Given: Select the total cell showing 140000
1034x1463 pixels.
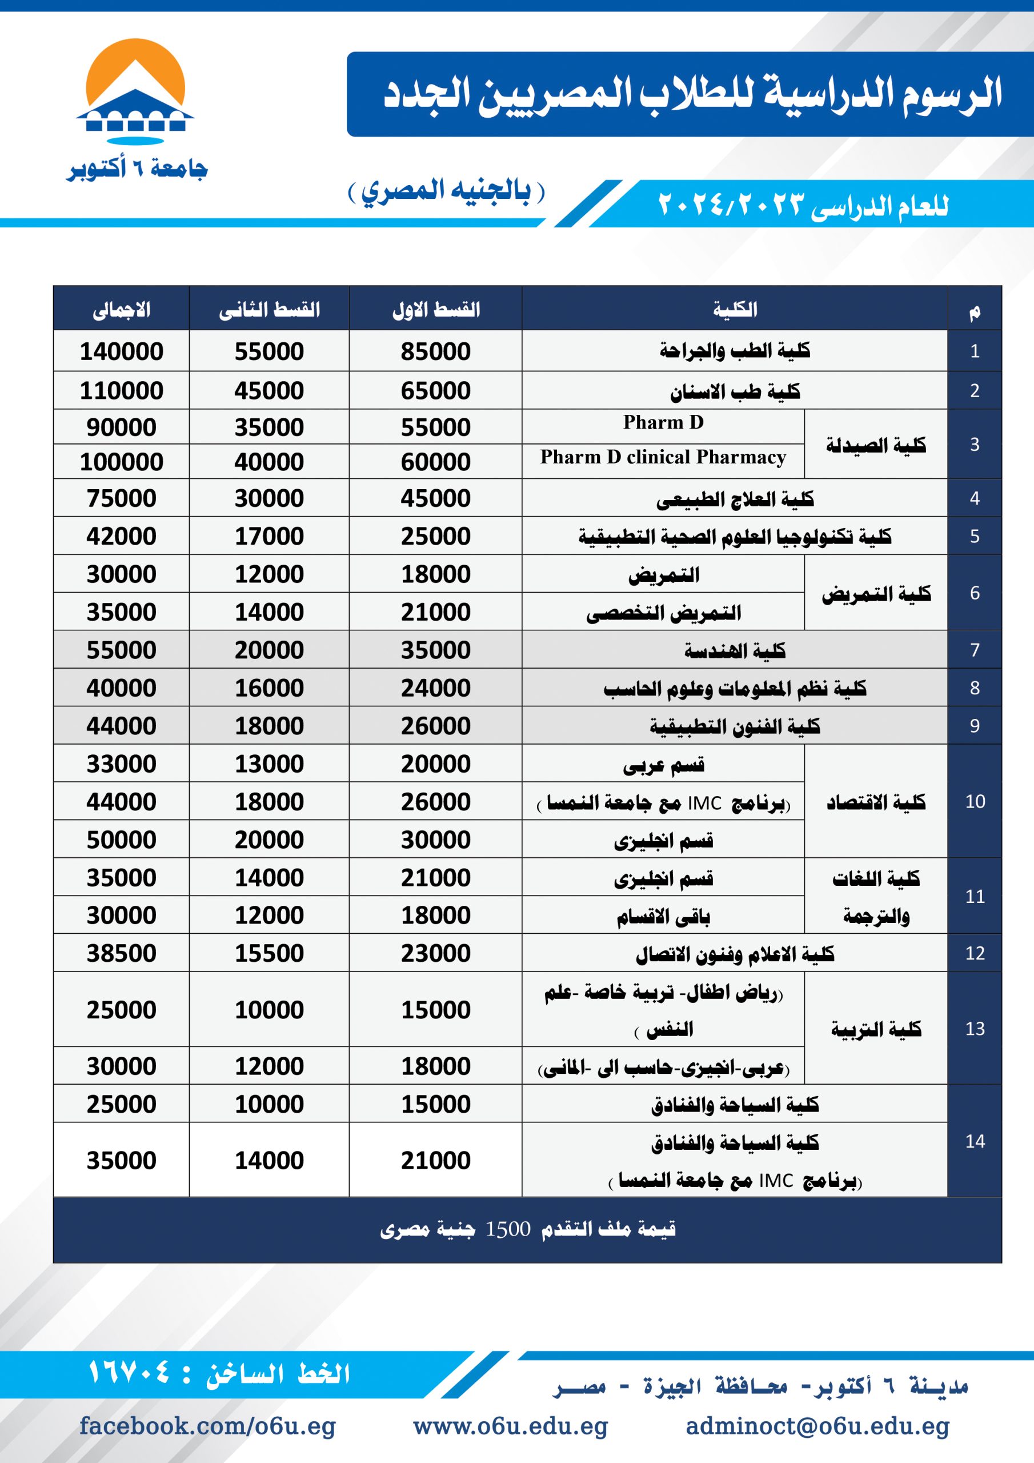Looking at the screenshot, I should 121,351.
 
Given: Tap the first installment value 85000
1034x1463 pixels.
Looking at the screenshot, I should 435,351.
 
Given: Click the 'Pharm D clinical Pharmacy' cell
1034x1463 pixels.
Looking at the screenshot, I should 663,458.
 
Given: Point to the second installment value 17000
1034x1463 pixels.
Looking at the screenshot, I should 269,536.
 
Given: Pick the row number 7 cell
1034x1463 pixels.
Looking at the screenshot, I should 974,650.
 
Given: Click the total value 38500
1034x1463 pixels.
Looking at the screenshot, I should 121,953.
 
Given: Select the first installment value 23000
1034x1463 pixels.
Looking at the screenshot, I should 435,953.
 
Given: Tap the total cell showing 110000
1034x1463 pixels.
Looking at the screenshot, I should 121,390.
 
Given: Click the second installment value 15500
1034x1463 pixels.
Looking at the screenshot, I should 269,953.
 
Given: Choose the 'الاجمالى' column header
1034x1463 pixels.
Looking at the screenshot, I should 121,310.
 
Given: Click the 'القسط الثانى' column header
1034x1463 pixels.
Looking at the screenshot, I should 269,310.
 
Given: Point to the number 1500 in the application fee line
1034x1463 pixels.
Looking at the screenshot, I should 508,1229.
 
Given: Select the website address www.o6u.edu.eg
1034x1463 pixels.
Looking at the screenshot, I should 510,1426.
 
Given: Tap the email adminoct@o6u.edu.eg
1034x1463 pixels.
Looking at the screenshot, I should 817,1426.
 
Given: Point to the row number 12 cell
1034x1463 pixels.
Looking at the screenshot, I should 974,953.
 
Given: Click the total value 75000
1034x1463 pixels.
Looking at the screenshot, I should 121,498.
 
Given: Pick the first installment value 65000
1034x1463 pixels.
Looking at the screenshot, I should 435,390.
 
